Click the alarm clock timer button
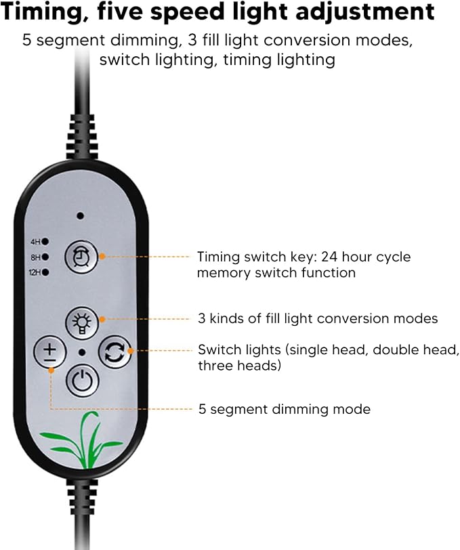(81, 257)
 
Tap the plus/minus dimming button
(50, 352)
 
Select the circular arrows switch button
(114, 352)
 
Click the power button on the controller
(82, 381)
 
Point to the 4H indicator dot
(45, 242)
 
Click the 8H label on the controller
(35, 257)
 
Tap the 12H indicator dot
(45, 272)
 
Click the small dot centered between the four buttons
(82, 352)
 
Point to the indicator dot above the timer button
(81, 215)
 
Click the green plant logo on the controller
(81, 440)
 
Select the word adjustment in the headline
(364, 12)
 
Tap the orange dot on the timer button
(102, 257)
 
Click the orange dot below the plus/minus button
(51, 370)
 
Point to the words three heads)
(240, 366)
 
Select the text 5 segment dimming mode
(285, 409)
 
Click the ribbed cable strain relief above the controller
(82, 136)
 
